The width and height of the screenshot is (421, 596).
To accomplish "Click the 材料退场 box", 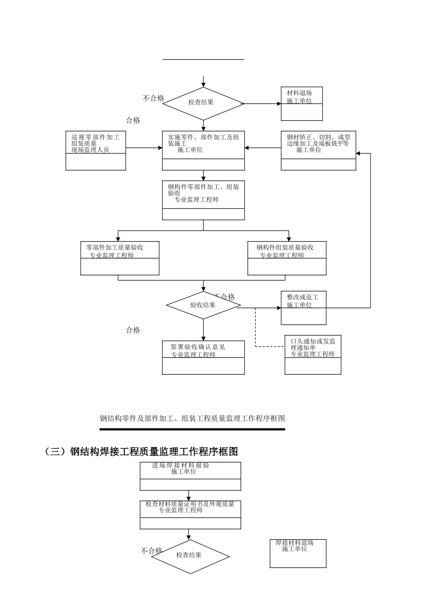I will coord(302,103).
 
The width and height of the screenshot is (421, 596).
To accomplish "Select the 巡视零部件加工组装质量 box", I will coord(96,150).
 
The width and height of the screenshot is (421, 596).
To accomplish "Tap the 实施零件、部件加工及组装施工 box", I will coord(203,150).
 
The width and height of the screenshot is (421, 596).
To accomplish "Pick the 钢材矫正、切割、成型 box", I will coord(318,150).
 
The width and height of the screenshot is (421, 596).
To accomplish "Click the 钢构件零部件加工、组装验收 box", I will coord(203,200).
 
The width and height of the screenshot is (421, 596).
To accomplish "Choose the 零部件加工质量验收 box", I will coord(120,258).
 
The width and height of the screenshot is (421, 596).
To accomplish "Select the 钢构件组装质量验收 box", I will coord(287,258).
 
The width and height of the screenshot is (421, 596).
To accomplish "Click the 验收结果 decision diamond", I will coord(203,305).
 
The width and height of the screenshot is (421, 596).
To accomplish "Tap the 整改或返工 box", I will coord(304,308).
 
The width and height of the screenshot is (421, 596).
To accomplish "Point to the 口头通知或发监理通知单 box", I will coord(313,354).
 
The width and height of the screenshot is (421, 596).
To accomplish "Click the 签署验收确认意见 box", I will coord(203,357).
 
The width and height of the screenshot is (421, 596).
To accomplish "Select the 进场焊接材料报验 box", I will coord(191,476).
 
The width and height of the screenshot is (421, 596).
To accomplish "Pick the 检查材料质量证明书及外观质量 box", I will coord(191,514).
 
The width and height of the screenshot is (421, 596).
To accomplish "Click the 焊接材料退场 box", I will coord(298,553).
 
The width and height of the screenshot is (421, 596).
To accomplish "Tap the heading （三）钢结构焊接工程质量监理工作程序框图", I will coord(142,451).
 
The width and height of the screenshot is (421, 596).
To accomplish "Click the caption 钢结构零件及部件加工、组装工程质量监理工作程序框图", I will coord(192,418).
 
